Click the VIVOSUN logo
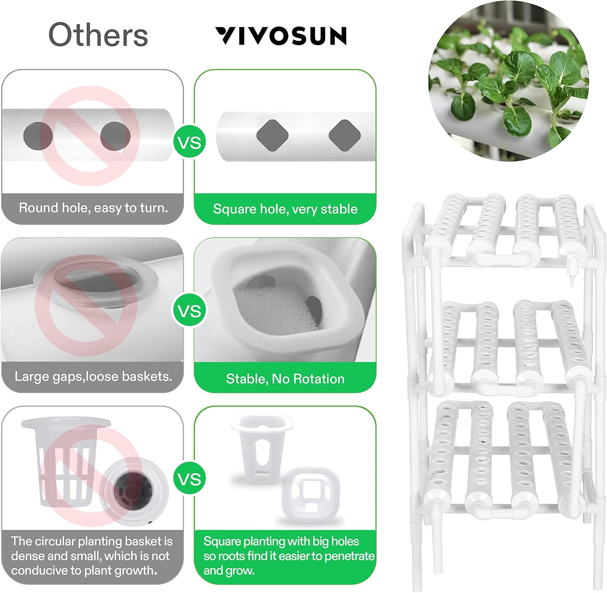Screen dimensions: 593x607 point(280,36)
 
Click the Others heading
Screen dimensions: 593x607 point(98,35)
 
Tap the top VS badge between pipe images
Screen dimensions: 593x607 point(189,143)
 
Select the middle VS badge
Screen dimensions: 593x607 point(189,311)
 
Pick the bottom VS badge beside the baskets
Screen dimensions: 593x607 point(189,479)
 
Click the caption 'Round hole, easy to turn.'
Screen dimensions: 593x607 point(93,208)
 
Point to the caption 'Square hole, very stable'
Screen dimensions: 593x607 point(285,209)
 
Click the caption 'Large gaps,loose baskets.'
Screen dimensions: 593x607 point(93,377)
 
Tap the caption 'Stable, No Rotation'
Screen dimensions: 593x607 point(285,379)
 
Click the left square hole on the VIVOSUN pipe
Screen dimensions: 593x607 point(272,135)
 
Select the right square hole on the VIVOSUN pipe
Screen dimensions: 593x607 point(344,135)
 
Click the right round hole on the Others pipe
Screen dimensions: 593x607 point(115,136)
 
